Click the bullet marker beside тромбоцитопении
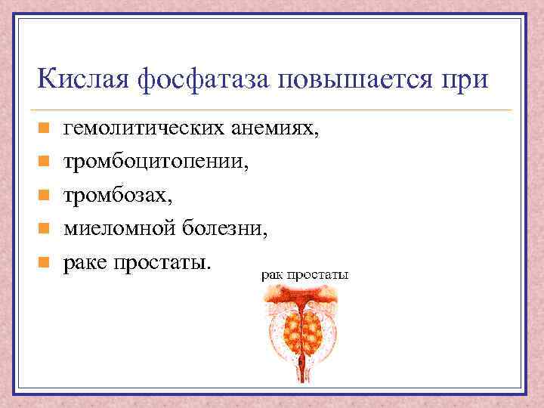(x=44, y=162)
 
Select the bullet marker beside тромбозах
(x=44, y=196)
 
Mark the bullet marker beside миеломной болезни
(x=44, y=229)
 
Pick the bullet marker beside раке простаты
(x=44, y=263)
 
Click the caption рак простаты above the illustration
(x=304, y=276)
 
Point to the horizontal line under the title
(x=272, y=110)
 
